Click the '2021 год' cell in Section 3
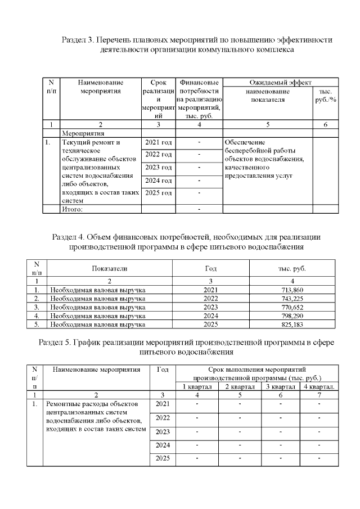pos(158,142)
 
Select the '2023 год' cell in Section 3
pos(158,168)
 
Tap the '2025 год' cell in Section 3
pos(158,193)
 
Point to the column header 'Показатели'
pos(110,269)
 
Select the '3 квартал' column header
pos(281,386)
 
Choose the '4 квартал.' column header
pos(319,386)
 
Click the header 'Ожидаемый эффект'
pos(280,83)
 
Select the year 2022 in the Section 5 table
pos(163,418)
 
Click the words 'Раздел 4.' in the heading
pos(68,237)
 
